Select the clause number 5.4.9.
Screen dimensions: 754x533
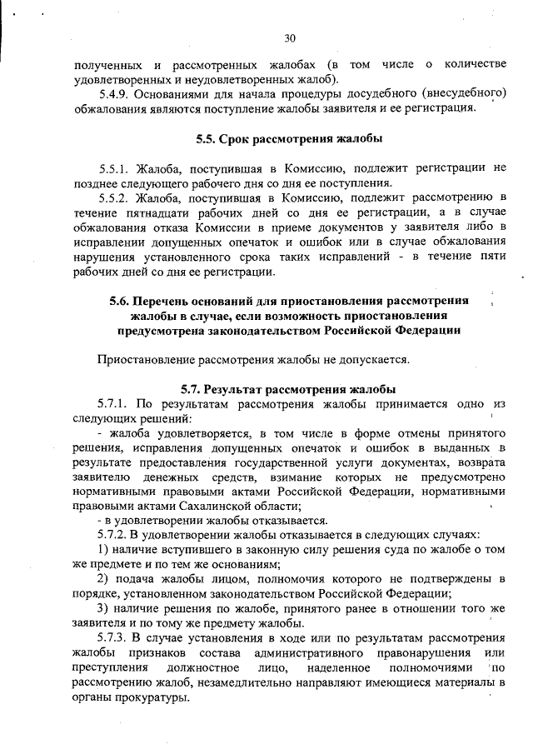[116, 94]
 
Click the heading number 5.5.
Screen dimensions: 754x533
[207, 138]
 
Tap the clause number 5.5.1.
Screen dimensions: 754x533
[116, 167]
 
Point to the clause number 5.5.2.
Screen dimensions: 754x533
[116, 197]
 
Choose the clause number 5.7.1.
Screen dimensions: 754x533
[116, 404]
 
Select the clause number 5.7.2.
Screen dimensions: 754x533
[116, 533]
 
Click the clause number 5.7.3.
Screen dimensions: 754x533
[116, 638]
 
